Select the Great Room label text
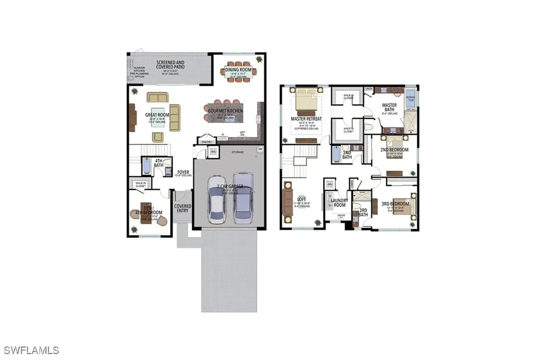pos(157,114)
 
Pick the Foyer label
pos(183,172)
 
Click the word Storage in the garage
pos(237,152)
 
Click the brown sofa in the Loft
pos(287,201)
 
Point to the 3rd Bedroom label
pos(395,204)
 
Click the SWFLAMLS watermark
pos(31,350)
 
